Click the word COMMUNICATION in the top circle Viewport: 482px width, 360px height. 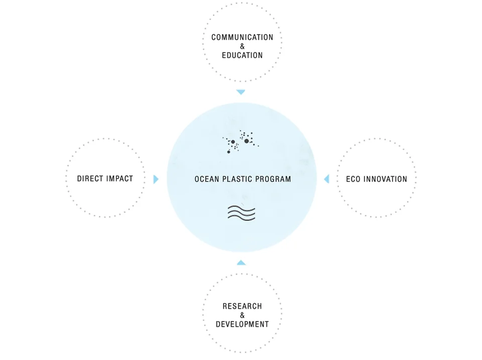click(x=242, y=37)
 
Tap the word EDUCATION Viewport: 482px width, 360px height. click(x=242, y=55)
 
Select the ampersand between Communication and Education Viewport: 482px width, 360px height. click(x=243, y=46)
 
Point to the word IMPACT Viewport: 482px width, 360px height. click(x=119, y=179)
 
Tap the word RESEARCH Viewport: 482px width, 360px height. click(x=242, y=306)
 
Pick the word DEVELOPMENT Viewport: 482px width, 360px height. click(x=242, y=324)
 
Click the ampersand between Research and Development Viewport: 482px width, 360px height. click(x=243, y=315)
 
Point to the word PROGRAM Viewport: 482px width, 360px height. click(x=275, y=179)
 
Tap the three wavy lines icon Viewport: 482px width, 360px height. click(x=242, y=213)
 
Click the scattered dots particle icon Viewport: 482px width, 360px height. click(x=240, y=142)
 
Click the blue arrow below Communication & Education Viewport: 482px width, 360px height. click(x=241, y=92)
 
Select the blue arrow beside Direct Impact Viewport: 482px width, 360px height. click(x=156, y=179)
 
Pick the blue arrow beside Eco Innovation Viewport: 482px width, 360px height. click(x=326, y=179)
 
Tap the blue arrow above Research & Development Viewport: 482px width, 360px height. click(x=241, y=263)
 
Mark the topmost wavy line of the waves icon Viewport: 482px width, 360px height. click(x=242, y=208)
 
